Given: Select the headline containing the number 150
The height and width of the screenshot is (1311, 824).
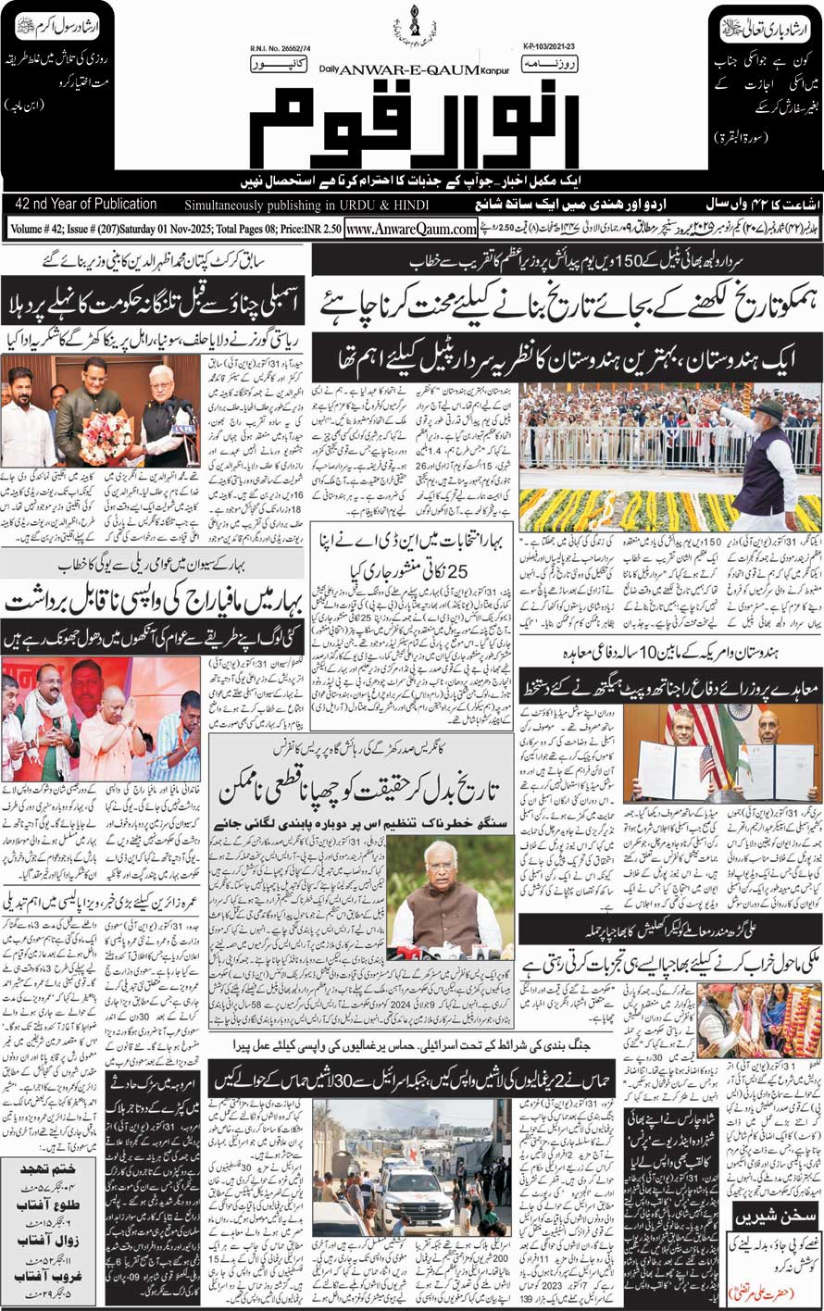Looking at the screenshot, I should coord(566,262).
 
